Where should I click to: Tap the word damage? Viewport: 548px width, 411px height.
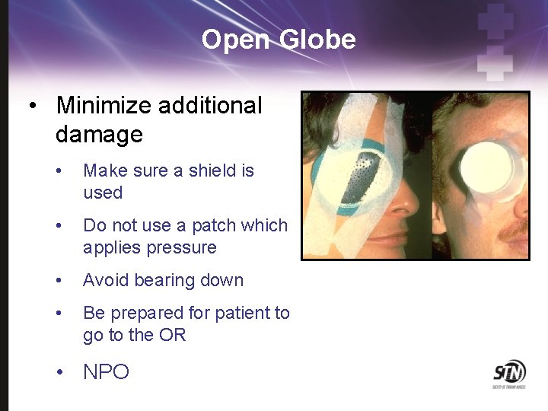coord(99,135)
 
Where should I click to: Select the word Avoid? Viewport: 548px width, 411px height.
coord(107,280)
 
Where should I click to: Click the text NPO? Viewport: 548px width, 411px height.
coord(106,372)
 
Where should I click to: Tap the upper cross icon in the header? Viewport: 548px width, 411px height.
coord(495,20)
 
